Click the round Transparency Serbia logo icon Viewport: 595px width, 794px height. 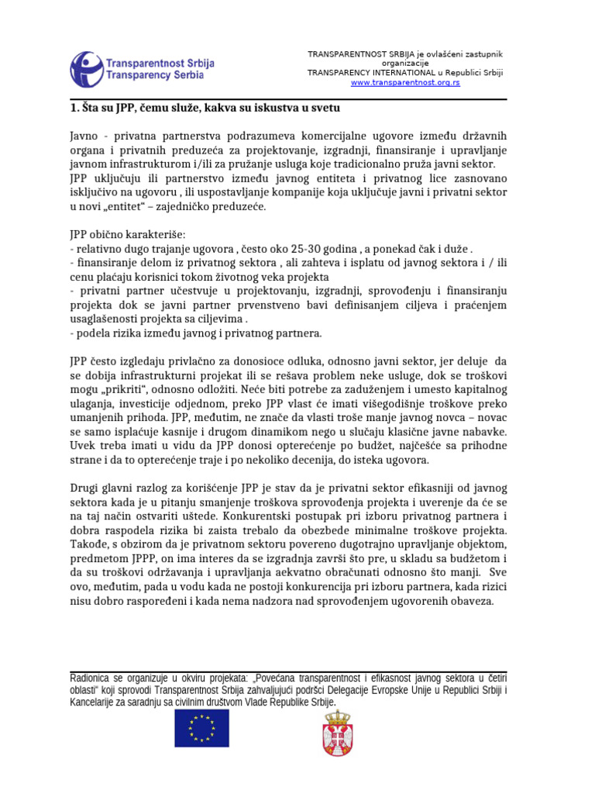point(86,69)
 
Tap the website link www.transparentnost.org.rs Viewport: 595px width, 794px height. point(405,82)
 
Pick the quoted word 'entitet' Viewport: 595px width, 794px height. point(119,207)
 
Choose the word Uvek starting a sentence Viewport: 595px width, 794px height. point(84,446)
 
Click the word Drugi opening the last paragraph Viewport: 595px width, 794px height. point(85,488)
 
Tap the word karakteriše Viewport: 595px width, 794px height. point(150,234)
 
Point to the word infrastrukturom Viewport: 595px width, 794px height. point(143,164)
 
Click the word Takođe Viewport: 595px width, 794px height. point(88,544)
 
